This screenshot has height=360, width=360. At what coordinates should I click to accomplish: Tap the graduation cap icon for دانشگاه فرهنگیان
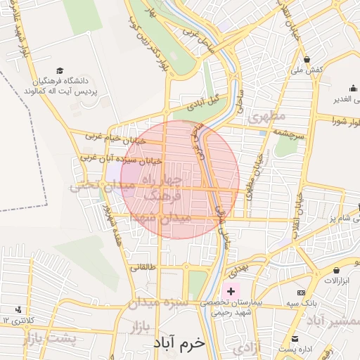click(x=60, y=71)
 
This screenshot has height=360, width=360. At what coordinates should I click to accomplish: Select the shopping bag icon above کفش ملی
click(x=307, y=59)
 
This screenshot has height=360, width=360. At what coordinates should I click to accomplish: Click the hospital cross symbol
click(x=231, y=290)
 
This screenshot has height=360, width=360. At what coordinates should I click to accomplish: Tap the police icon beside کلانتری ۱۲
click(x=18, y=309)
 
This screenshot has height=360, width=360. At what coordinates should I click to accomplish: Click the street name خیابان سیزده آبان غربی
click(x=120, y=160)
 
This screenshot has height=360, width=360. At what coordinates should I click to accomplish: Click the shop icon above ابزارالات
click(x=337, y=270)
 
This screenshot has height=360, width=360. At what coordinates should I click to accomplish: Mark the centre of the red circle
click(x=180, y=179)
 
